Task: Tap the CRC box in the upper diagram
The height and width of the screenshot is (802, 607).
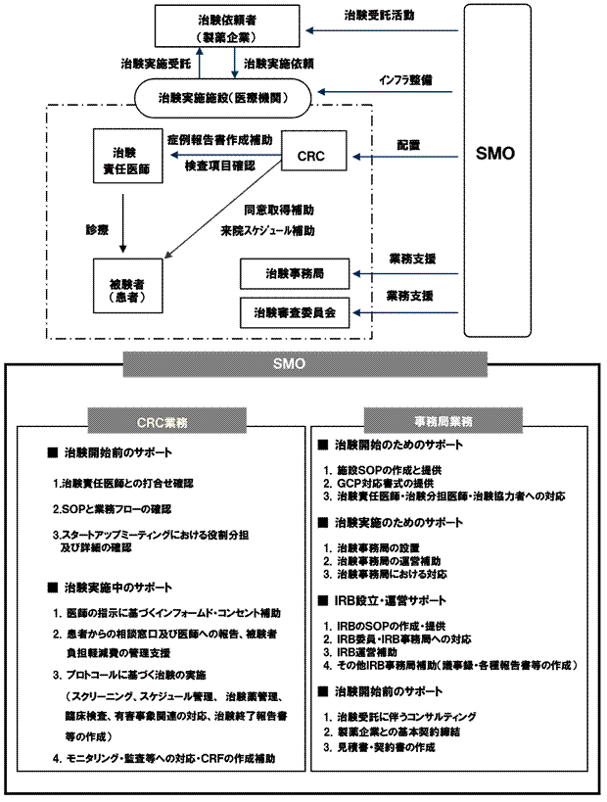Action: [309, 157]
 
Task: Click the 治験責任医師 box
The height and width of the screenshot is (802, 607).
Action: [124, 159]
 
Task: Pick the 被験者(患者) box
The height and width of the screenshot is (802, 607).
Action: [124, 283]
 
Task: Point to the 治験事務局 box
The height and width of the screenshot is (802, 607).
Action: [294, 273]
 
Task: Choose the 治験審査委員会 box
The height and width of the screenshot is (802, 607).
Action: [294, 312]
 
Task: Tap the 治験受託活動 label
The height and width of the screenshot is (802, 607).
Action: [379, 17]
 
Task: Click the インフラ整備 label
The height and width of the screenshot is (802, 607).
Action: [405, 77]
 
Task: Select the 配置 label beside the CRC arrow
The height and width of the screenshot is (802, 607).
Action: [408, 144]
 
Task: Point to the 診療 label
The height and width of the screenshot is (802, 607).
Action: [96, 230]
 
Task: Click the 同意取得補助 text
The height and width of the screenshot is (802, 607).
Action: [280, 210]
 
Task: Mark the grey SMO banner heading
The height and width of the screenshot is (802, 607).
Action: [303, 364]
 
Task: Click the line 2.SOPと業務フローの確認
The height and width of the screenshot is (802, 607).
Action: [113, 509]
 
